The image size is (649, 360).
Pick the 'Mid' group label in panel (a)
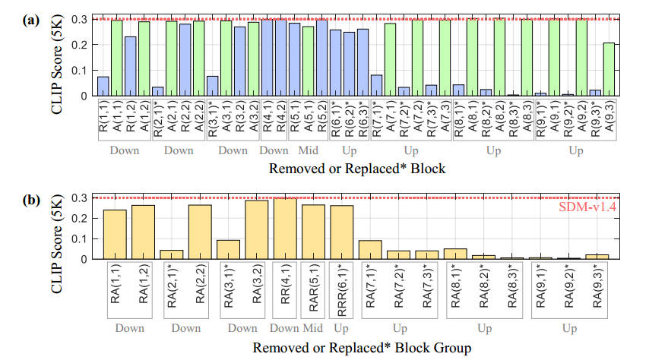(x=308, y=150)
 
